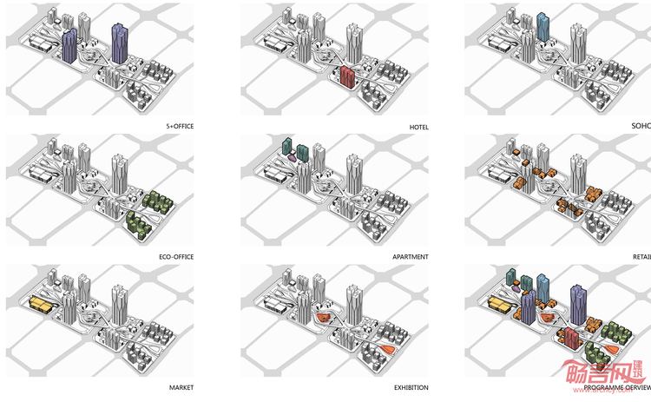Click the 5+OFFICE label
[x=179, y=127]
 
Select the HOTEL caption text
[x=419, y=127]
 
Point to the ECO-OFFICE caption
[x=177, y=257]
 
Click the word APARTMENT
[x=411, y=257]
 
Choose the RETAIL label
[x=641, y=257]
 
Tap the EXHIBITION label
[x=411, y=387]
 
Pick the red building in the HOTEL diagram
[x=349, y=76]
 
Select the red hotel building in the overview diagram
[x=569, y=339]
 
